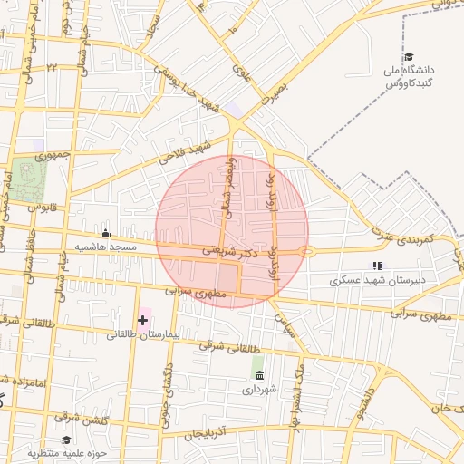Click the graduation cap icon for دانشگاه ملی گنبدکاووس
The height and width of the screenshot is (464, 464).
pyautogui.click(x=409, y=56)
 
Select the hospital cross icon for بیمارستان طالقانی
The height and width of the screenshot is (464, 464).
pyautogui.click(x=142, y=319)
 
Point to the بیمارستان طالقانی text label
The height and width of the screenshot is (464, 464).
pyautogui.click(x=144, y=334)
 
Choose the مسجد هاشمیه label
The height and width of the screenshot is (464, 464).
pyautogui.click(x=106, y=246)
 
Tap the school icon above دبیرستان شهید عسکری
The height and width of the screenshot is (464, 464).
pyautogui.click(x=376, y=266)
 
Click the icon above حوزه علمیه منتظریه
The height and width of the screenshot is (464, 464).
pyautogui.click(x=66, y=440)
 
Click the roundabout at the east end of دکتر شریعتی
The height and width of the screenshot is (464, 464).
pyautogui.click(x=308, y=252)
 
